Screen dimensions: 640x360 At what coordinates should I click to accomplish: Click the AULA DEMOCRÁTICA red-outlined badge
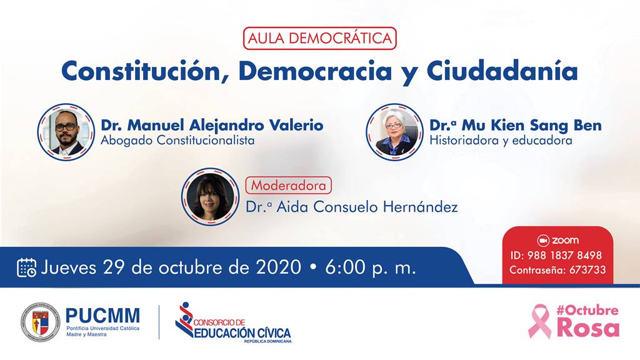pos(319,38)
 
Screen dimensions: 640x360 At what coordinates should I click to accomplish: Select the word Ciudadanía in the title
pos(502,71)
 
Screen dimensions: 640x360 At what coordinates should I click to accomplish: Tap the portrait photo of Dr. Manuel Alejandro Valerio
pos(66,132)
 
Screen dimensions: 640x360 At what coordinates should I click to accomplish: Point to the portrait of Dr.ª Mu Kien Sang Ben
pos(394,132)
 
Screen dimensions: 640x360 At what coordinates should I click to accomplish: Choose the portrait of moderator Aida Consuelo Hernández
pos(210,197)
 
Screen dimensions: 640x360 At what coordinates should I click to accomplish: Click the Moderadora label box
pos(289,185)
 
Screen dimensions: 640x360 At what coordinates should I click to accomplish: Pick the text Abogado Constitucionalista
pos(177,141)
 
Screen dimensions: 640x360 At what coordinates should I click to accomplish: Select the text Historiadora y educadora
pos(501,141)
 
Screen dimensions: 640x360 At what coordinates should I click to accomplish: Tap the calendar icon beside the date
pos(26,267)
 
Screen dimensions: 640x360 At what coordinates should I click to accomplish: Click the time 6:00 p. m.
pos(370,267)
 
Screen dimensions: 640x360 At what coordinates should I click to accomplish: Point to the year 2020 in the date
pos(278,267)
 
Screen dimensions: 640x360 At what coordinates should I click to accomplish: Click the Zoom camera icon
pos(543,241)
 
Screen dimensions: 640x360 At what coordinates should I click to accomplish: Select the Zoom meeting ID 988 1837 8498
pos(564,256)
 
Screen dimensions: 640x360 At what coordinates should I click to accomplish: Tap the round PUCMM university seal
pos(41,322)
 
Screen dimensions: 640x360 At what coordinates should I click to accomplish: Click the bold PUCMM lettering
pos(103,316)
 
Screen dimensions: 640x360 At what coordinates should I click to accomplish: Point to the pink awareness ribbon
pos(539,321)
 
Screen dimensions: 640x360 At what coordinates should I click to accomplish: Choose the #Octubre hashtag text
pos(587,311)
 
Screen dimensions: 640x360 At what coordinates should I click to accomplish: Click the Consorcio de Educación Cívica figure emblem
pos(184,319)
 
